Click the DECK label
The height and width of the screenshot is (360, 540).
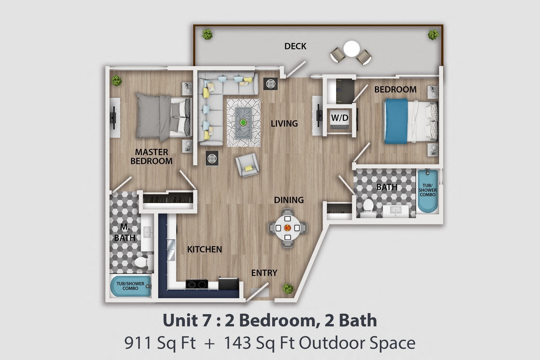(295, 46)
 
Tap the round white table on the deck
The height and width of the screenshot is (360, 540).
(352, 49)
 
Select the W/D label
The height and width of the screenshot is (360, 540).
(339, 118)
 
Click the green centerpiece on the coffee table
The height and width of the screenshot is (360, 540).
(243, 122)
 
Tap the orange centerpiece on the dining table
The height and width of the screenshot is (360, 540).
(287, 228)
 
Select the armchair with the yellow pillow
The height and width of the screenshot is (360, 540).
(247, 165)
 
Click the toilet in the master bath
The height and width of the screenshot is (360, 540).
(142, 262)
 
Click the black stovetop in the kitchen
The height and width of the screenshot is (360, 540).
(197, 284)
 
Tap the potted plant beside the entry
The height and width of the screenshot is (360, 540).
(288, 288)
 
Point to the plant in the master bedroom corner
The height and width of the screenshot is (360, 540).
(116, 80)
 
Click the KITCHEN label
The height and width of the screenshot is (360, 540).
(204, 249)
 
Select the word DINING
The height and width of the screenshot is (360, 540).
(289, 200)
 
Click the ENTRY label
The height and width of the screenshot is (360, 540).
(264, 273)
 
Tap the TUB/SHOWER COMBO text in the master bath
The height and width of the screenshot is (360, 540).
(130, 286)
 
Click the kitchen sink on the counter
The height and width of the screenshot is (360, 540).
(171, 249)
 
